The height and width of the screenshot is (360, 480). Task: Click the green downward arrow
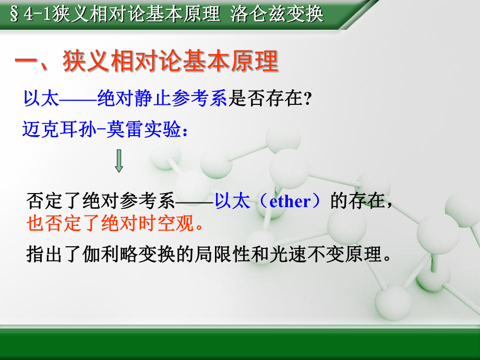click(x=119, y=161)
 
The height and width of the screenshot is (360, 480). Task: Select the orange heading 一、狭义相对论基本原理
click(x=146, y=62)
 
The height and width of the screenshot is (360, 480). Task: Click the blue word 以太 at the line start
click(x=41, y=98)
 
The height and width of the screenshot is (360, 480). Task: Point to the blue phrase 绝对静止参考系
click(x=162, y=98)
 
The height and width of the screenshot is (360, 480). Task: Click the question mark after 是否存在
click(x=307, y=99)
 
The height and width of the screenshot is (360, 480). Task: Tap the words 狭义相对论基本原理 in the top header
click(x=136, y=14)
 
